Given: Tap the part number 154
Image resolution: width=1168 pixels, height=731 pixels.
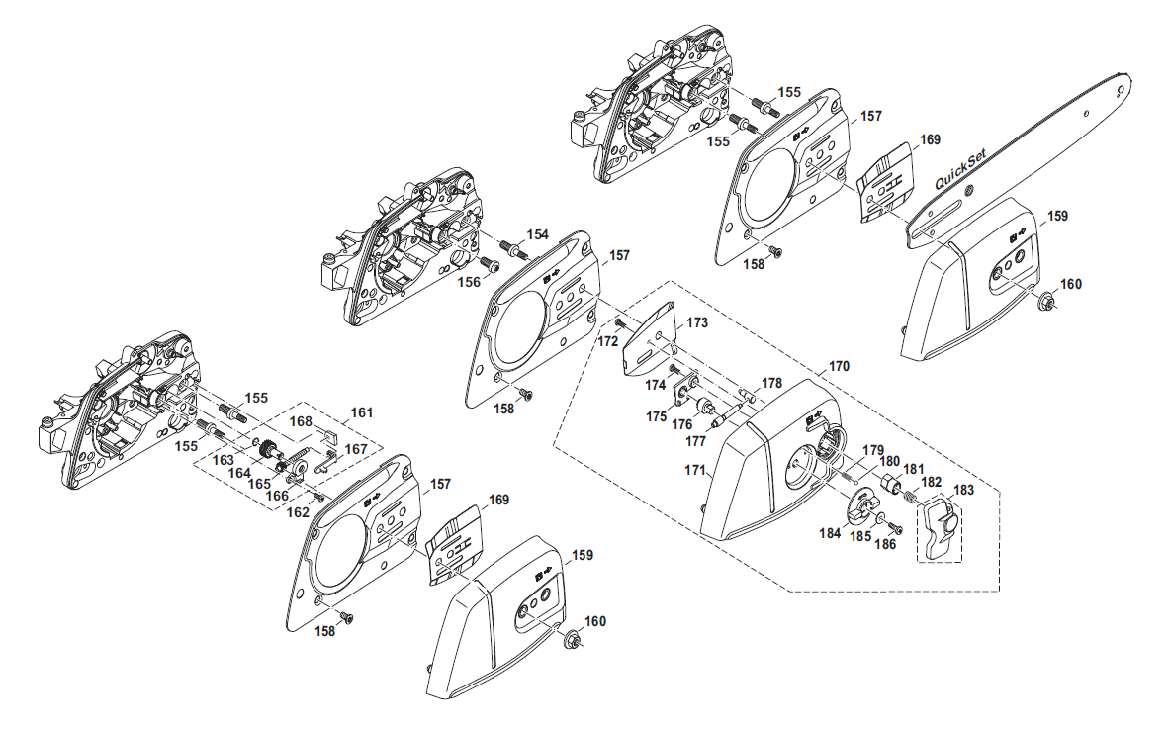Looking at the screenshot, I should [537, 234].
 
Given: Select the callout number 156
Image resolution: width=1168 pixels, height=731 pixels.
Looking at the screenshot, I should [469, 282].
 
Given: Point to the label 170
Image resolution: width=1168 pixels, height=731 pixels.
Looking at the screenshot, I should [839, 366].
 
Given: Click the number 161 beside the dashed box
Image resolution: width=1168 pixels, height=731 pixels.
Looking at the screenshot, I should [363, 411].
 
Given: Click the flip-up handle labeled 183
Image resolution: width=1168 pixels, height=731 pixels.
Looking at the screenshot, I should [941, 526].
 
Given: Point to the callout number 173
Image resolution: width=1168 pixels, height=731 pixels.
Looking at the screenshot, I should [697, 322].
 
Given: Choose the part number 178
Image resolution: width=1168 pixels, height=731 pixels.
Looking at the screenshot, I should [771, 383].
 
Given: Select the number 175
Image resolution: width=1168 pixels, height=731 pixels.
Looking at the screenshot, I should [656, 416].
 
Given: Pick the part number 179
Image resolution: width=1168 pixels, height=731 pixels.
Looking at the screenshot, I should [871, 450].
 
